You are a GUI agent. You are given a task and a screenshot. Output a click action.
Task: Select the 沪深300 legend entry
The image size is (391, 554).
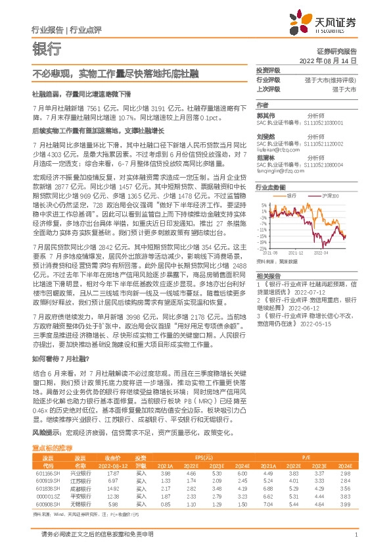(321, 196)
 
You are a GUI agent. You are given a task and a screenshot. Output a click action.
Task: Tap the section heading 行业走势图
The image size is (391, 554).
(270, 187)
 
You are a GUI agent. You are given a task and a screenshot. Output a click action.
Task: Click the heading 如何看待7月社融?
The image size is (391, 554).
(60, 359)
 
